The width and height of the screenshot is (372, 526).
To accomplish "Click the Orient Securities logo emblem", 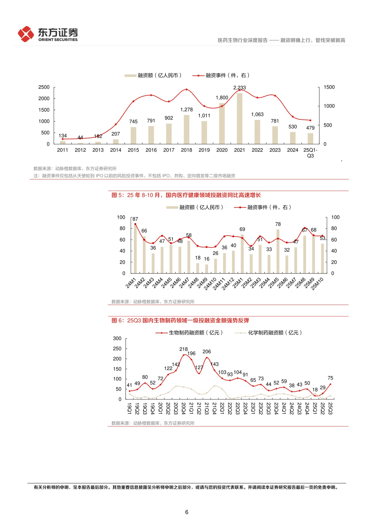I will pos(26,34).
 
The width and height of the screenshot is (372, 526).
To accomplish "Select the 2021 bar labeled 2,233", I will pos(240,118).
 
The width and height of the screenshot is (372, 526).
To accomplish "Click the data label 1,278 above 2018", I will pos(186,110).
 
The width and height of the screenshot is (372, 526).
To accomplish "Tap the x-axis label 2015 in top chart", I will pos(133,150).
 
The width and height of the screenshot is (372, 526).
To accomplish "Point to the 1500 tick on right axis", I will pos(329,87).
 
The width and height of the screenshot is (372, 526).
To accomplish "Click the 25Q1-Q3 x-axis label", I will pos(310,153).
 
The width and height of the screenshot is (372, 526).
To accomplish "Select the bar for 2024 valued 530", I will pos(293,138).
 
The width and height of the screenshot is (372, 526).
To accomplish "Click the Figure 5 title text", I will pos(186,195).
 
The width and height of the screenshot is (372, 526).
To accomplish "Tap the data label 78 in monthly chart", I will pos(278,224).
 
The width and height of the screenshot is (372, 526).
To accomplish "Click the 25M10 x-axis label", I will pos(317,284).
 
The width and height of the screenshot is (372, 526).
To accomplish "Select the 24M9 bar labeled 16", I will pos(207,269).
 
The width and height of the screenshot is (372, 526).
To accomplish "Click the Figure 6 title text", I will pos(180,321).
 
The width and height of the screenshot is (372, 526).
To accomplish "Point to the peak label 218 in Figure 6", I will pos(183,349).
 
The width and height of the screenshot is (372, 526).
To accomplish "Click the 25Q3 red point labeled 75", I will pos(330,384).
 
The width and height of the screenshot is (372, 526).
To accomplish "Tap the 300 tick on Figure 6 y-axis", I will pos(117,339).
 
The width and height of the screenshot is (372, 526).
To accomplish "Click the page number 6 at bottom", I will pos(186,512).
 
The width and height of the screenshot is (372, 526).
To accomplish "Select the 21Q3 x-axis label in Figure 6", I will pos(207,408).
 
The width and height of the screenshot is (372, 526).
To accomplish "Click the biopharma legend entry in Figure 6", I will pos(189,333).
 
